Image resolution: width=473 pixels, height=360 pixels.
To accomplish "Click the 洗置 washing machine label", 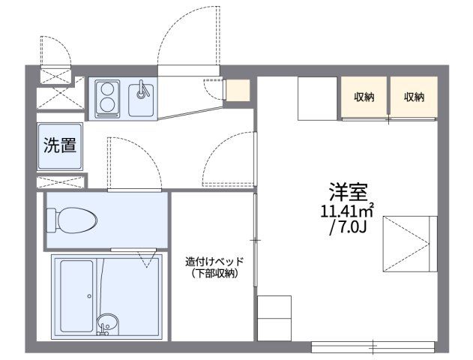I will coord(59,145).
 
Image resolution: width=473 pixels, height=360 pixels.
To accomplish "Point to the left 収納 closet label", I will coord(365,96).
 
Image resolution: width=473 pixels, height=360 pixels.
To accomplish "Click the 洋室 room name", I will coord(346,190).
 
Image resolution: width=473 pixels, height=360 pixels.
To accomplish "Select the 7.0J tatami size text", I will coord(346,226).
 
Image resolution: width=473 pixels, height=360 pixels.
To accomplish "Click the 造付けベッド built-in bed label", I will coord(215,262).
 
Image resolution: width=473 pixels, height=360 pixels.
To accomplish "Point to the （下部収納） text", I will coord(214,274).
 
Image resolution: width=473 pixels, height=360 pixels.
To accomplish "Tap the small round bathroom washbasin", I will coord(107,324).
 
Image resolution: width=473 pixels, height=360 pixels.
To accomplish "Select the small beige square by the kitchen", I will coord(238,90).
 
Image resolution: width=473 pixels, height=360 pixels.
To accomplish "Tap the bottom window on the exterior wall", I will coord(373,347).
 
